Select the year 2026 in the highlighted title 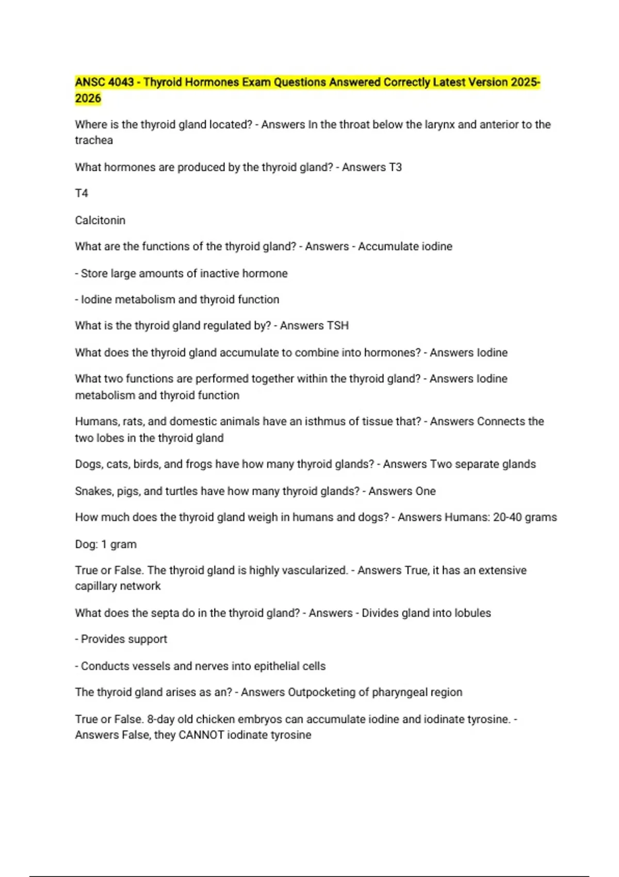tap(88, 99)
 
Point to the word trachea tap(93, 140)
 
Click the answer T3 tap(395, 168)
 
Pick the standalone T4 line tap(82, 193)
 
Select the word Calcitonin tap(100, 220)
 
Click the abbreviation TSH tap(338, 326)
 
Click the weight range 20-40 tap(508, 517)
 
